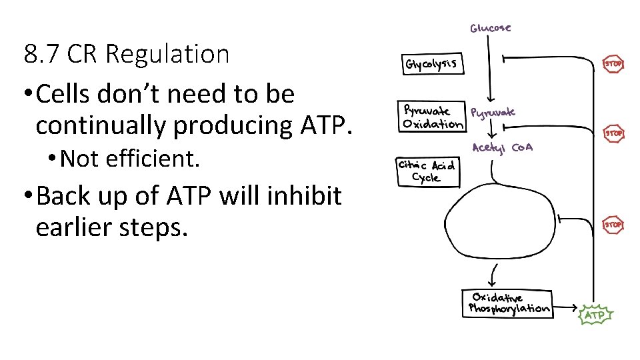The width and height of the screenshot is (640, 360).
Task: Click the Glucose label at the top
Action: pos(491,28)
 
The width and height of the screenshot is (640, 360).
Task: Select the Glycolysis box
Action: pos(433,64)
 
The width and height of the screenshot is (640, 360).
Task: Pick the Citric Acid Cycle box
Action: pos(427,171)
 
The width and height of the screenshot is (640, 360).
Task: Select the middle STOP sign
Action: pos(614,133)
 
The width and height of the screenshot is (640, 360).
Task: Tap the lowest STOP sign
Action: pos(613,225)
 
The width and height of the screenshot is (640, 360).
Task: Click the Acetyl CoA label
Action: pos(502,148)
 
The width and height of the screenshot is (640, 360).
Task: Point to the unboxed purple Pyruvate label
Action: pos(493,113)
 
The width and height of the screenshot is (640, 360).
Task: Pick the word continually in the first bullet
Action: pos(106,125)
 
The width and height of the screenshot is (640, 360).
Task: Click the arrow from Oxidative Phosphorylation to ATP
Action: pos(567,308)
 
